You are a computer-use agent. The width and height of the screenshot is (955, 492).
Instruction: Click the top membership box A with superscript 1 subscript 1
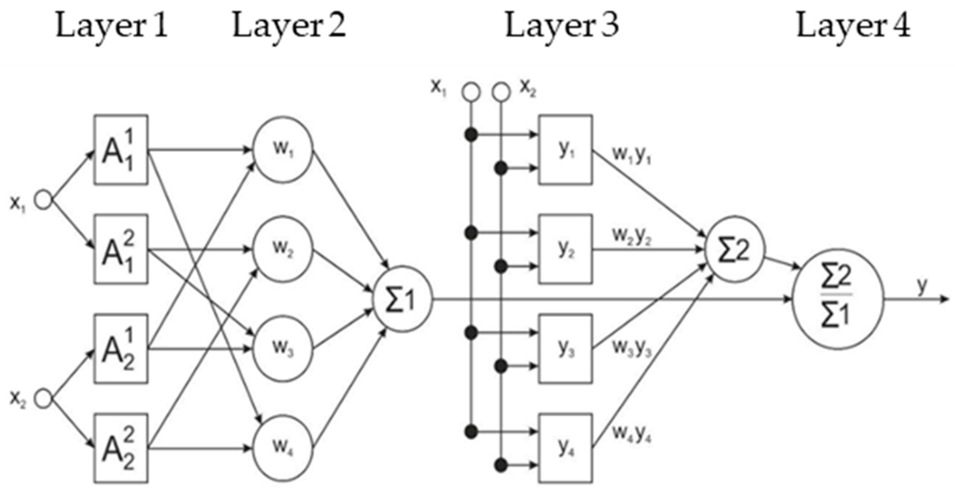click(x=120, y=150)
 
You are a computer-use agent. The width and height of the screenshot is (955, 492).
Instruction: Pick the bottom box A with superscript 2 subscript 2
click(x=120, y=449)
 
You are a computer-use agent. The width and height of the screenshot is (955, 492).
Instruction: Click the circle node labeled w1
click(x=283, y=150)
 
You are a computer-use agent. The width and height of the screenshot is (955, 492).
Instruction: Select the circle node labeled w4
click(x=283, y=449)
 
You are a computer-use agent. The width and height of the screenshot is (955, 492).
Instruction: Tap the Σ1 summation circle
click(x=402, y=299)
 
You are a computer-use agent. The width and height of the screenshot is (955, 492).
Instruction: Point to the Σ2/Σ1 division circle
click(x=837, y=299)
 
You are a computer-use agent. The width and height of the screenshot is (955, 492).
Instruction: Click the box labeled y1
click(x=566, y=150)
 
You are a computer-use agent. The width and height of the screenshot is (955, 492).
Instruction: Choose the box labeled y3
click(x=566, y=349)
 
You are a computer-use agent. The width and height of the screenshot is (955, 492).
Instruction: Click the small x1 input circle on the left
click(x=43, y=200)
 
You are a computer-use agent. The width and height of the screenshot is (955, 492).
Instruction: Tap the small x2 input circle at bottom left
click(x=43, y=398)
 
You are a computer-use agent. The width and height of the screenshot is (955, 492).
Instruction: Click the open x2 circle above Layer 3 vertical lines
click(x=501, y=92)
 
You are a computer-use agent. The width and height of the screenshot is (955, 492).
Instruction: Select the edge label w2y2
click(x=632, y=236)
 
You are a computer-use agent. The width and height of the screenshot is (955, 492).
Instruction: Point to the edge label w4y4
click(x=632, y=434)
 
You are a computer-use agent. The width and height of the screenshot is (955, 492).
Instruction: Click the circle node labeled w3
click(x=283, y=349)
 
